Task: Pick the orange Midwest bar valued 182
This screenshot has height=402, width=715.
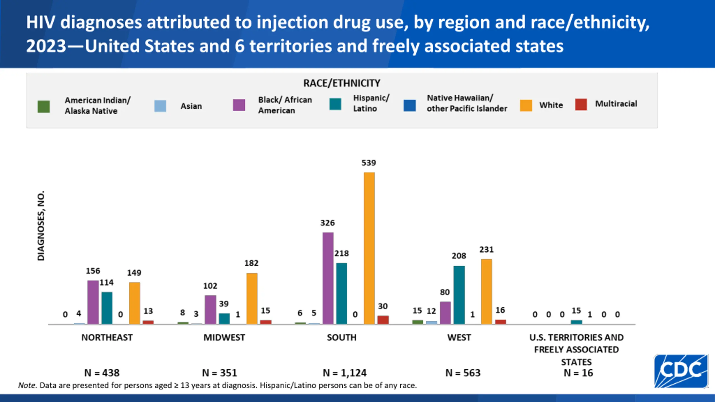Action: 252,298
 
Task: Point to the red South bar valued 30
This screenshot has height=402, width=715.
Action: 383,320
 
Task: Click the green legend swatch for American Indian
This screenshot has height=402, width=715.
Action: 44,107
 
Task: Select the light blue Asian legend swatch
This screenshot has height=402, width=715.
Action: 160,106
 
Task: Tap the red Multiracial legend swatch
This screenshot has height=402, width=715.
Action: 581,104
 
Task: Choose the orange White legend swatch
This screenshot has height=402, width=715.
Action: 526,106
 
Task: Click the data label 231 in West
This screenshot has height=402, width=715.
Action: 486,250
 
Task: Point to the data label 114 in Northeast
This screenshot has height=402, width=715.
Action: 106,283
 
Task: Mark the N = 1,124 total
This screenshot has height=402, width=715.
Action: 344,373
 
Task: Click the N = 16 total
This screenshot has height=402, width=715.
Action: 578,373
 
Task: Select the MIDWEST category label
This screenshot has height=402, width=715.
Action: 224,338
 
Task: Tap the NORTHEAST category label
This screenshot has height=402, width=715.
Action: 107,338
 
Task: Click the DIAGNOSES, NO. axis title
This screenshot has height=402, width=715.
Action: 41,226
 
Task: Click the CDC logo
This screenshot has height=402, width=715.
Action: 681,371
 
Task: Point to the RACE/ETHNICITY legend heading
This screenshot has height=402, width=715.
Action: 342,83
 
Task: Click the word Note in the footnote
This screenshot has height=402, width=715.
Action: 27,386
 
